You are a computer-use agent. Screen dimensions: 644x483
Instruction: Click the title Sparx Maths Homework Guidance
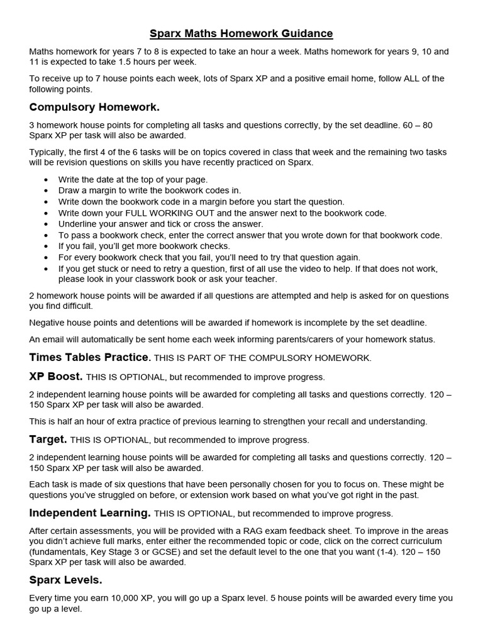241,33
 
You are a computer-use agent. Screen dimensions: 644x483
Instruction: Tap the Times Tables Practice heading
90,358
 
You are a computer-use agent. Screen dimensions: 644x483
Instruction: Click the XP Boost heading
56,377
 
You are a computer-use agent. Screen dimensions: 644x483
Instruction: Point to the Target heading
48,439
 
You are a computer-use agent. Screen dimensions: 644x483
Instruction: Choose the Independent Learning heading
90,513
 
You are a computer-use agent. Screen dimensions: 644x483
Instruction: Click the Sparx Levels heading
65,579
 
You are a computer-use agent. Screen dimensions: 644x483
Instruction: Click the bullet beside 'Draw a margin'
47,191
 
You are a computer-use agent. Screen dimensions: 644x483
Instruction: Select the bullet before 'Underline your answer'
47,225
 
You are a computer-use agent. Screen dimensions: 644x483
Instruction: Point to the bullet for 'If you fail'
47,247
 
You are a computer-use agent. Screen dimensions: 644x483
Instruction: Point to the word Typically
49,152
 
